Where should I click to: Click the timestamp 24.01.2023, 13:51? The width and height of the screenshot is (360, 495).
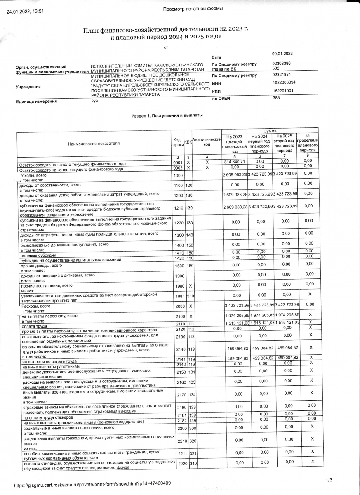(x=25, y=12)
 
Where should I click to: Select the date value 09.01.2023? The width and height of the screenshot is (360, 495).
(x=282, y=54)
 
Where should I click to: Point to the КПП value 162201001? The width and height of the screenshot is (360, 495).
(x=283, y=91)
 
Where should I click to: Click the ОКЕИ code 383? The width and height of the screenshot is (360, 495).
(x=276, y=98)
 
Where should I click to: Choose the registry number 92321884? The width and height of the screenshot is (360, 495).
(x=282, y=75)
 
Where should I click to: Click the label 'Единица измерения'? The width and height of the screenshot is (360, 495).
(x=36, y=101)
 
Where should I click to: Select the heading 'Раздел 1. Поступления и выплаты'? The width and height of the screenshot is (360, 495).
(x=167, y=116)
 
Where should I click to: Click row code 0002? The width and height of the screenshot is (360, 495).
(x=178, y=167)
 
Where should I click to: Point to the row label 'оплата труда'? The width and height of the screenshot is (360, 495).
(x=33, y=326)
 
